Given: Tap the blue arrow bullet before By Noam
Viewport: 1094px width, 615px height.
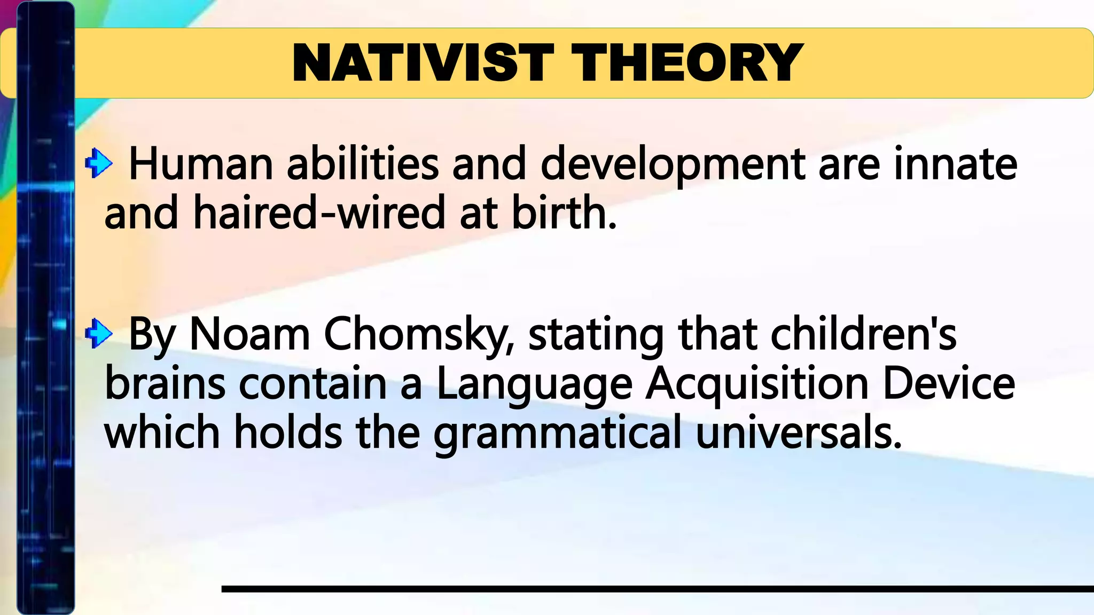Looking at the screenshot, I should (x=99, y=333).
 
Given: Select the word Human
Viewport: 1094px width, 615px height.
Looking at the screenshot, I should (x=201, y=164).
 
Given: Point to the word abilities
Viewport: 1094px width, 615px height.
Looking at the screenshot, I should (x=363, y=164).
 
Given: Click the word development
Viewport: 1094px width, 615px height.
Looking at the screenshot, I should (x=673, y=164).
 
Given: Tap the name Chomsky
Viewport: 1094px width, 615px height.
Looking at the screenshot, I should (x=419, y=335).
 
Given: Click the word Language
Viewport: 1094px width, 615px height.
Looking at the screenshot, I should (x=534, y=384).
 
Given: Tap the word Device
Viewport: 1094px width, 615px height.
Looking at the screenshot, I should (x=948, y=384).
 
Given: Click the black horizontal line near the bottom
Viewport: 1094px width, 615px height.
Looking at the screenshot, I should (x=657, y=589).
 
